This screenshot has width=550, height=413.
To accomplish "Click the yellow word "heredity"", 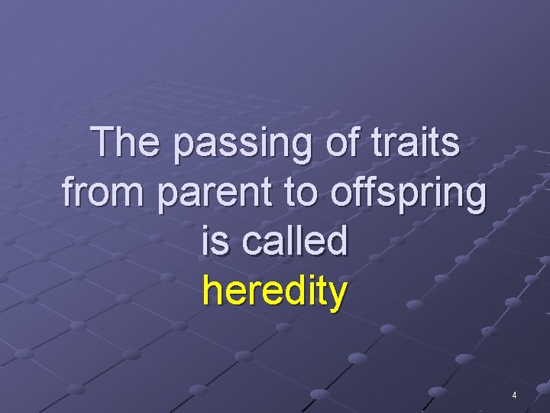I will (x=275, y=291).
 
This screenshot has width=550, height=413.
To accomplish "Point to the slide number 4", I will (x=514, y=395).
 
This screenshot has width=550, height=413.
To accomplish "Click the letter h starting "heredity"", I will (x=212, y=290).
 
